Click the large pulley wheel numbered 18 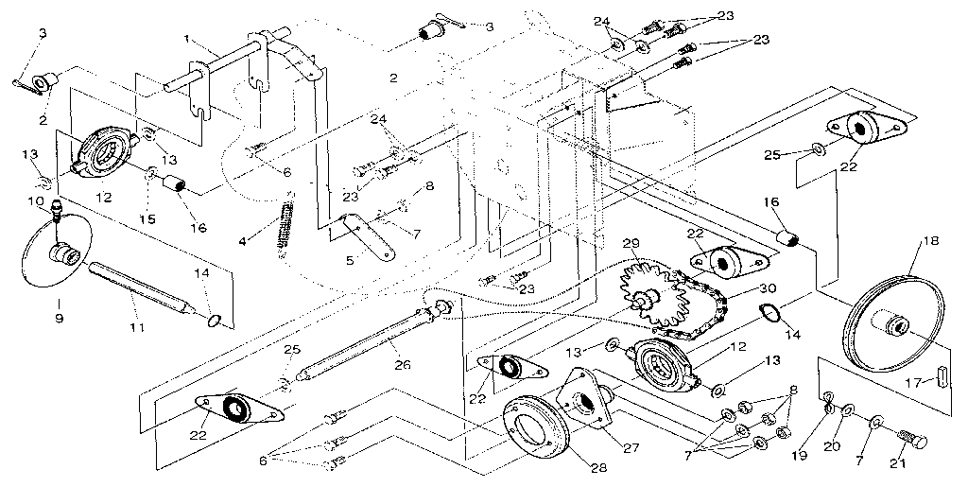pos(892,322)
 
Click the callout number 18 pos(931,242)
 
